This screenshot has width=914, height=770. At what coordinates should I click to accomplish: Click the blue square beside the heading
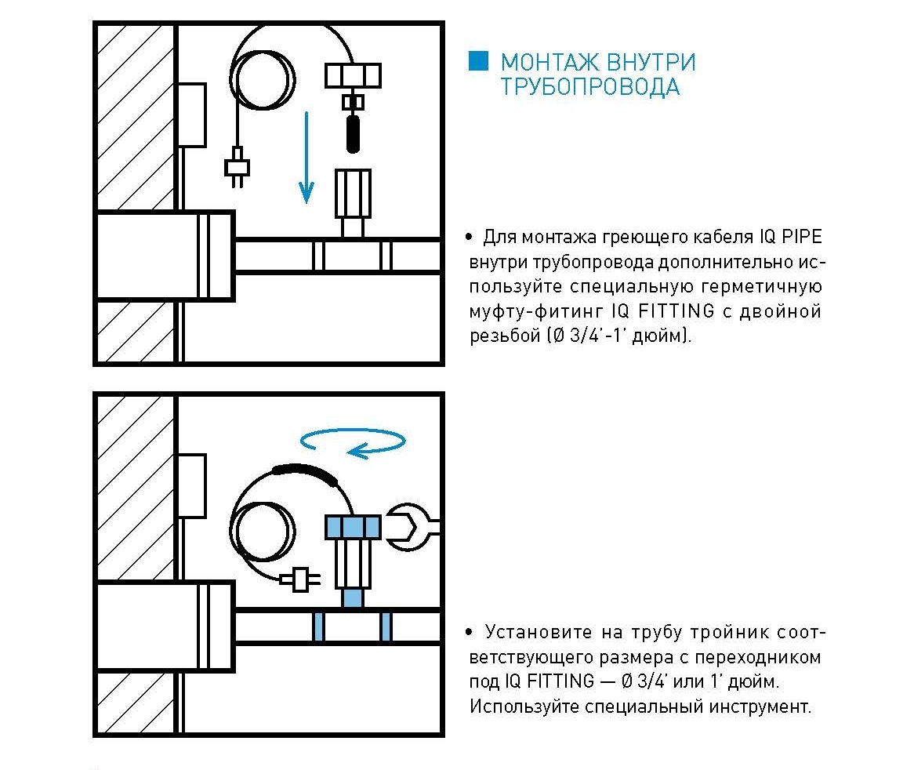[x=478, y=61]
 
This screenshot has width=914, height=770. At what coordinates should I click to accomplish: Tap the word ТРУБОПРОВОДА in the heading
[x=589, y=87]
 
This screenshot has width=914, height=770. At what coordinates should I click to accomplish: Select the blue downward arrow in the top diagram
[x=306, y=158]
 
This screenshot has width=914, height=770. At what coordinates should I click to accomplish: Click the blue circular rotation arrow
[x=348, y=443]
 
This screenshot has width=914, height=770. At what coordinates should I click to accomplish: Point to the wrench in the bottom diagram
[x=412, y=527]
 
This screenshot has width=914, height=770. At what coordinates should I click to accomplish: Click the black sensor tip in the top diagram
[x=353, y=133]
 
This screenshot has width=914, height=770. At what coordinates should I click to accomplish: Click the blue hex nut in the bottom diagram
[x=353, y=526]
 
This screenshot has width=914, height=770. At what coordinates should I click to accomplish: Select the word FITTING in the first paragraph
[x=676, y=311]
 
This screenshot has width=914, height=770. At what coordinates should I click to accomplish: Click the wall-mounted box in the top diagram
[x=191, y=114]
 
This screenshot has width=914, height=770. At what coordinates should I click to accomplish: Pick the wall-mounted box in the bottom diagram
[x=191, y=486]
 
